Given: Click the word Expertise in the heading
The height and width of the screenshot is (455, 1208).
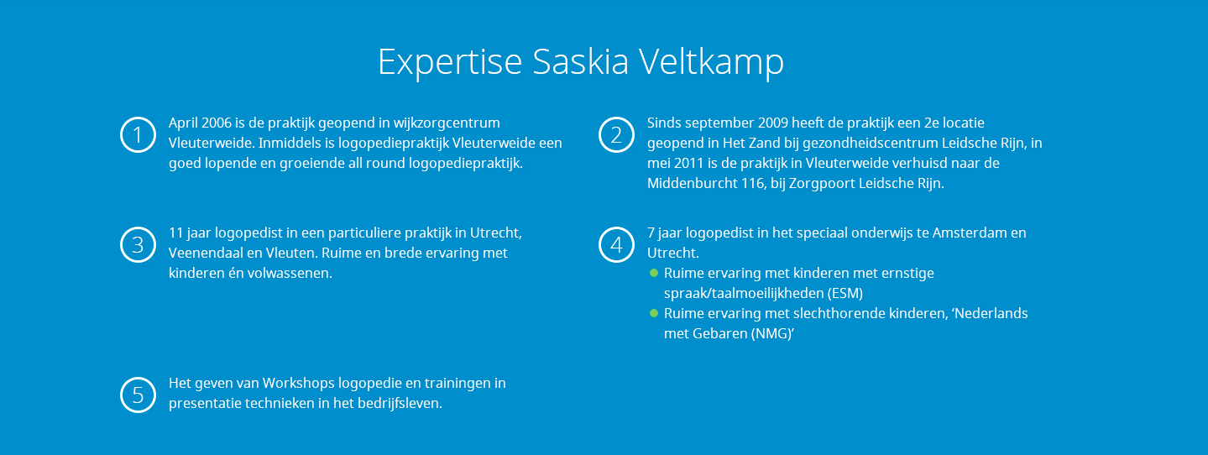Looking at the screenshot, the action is (450, 62).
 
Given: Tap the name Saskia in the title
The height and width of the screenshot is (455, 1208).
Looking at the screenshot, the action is (580, 61).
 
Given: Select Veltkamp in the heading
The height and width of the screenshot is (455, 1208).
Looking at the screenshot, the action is (711, 62).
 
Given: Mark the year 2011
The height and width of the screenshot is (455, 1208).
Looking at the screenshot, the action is (688, 164).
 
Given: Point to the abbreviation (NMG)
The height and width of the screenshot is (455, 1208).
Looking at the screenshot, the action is (773, 334).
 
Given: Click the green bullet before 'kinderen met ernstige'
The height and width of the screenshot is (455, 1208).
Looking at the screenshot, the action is (654, 274).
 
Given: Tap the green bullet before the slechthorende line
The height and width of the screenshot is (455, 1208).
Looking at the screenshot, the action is (654, 314).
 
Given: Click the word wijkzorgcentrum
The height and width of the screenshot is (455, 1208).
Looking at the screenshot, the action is (447, 123).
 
